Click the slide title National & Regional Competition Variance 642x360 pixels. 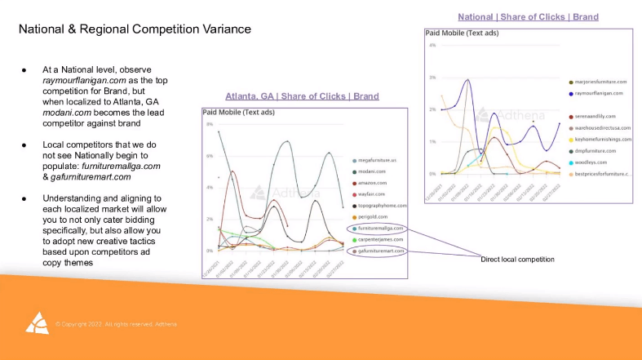click(x=135, y=29)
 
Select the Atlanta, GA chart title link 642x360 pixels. click(x=302, y=96)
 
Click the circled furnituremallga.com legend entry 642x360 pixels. click(x=380, y=229)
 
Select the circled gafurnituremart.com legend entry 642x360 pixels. click(x=381, y=251)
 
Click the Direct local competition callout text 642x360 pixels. click(x=517, y=259)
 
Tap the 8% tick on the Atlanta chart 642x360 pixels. click(x=209, y=125)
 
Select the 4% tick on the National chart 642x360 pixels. click(x=432, y=45)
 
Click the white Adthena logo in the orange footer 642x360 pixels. click(x=37, y=323)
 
